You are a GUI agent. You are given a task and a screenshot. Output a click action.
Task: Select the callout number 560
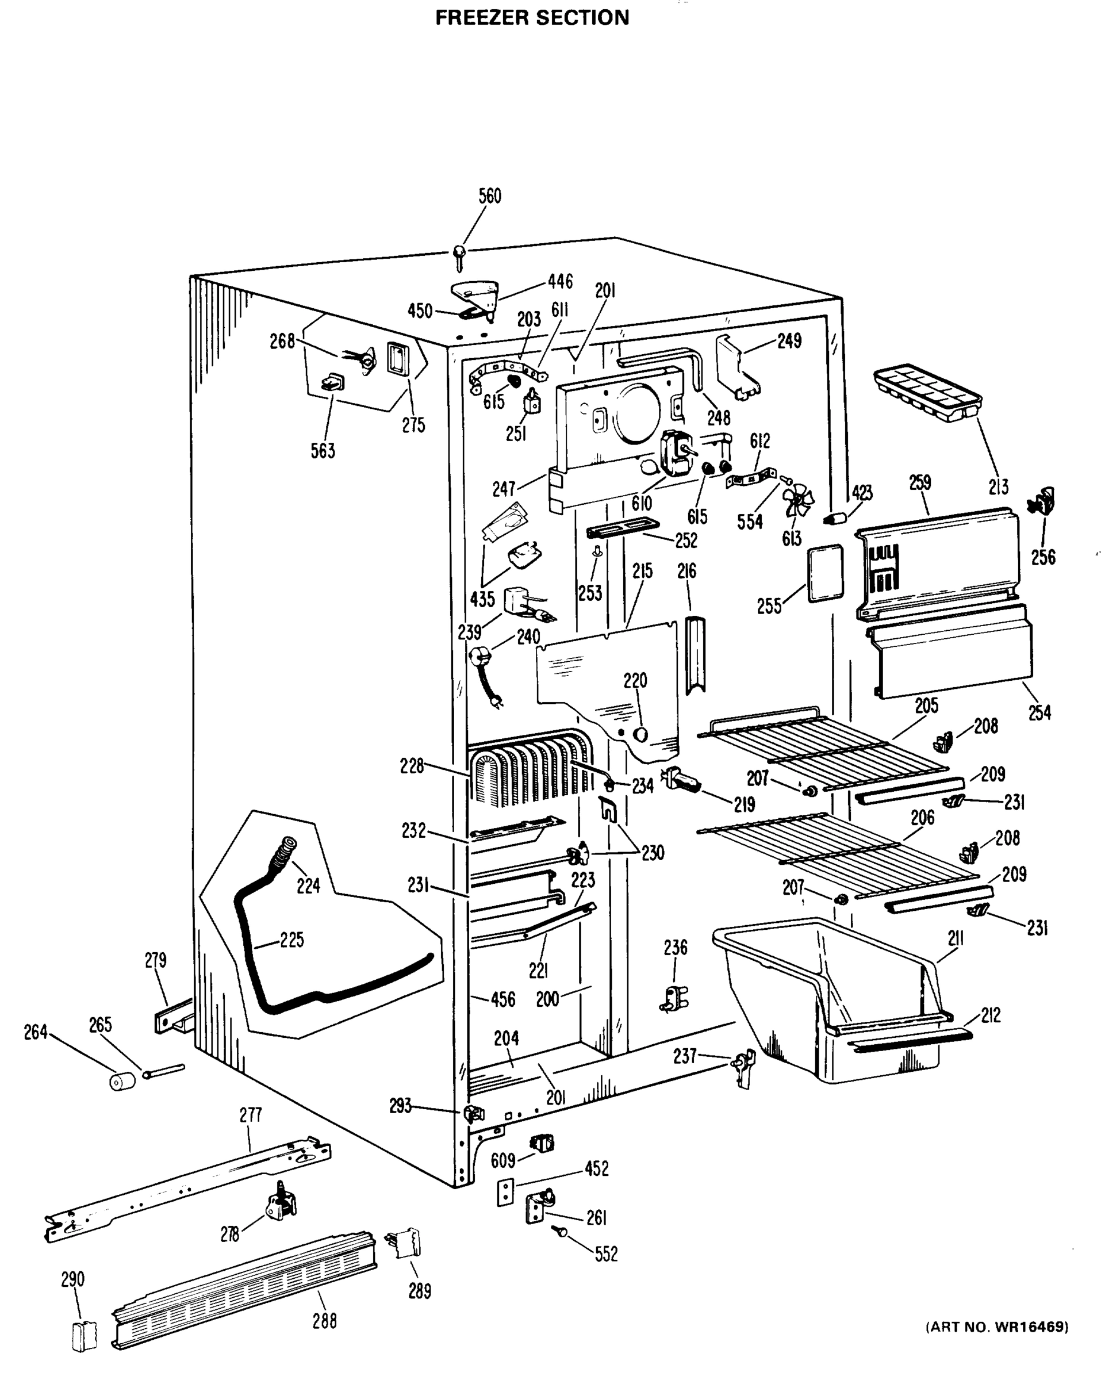(490, 196)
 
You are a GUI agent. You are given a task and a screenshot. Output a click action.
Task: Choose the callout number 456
(502, 999)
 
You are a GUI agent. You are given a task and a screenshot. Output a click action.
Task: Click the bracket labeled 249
(736, 366)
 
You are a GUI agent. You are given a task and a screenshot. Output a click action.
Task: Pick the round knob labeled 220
(639, 734)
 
